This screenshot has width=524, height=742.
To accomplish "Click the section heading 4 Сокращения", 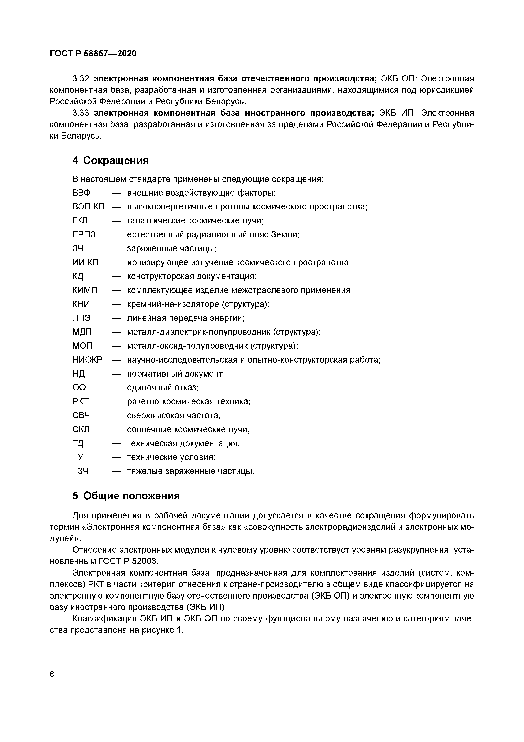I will pos(110,160).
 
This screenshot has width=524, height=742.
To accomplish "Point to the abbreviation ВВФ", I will pos(81,193).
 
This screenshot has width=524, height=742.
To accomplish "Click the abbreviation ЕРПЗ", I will pos(84,235).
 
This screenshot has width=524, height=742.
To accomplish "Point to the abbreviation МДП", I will pos(82,332).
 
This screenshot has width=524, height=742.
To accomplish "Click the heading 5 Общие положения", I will pos(126,496).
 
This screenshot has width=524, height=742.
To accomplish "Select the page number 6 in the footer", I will pos(52,675).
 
